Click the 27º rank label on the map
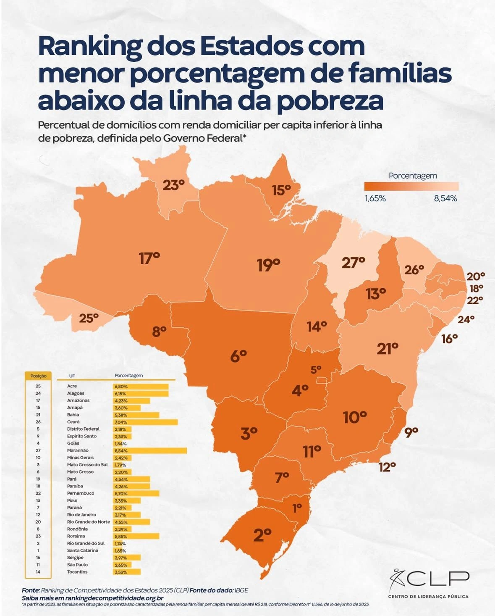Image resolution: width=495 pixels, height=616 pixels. [x=353, y=263]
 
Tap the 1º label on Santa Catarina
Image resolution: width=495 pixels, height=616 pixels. [x=297, y=508]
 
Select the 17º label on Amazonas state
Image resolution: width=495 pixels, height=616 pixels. [x=149, y=258]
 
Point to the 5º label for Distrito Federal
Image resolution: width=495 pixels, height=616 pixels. [x=316, y=370]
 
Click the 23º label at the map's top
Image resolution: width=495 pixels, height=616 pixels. [x=173, y=184]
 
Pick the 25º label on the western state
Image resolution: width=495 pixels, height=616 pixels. [x=89, y=319]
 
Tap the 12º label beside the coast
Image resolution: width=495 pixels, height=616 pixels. [x=387, y=467]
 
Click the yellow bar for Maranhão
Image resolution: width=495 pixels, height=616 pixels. [x=150, y=450]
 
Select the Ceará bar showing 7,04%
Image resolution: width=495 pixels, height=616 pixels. [x=145, y=422]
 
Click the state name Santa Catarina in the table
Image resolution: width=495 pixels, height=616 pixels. [x=83, y=550]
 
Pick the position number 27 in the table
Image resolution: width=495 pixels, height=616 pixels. [x=38, y=450]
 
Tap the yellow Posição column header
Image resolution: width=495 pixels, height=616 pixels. [x=38, y=376]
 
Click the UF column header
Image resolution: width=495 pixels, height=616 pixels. [x=72, y=376]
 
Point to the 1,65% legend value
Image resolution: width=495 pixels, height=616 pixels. [x=375, y=198]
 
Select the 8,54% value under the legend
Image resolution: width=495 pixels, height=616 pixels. [x=445, y=198]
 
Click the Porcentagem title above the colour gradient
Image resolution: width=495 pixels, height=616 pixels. [x=413, y=176]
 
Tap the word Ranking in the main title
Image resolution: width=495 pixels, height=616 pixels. [x=89, y=47]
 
